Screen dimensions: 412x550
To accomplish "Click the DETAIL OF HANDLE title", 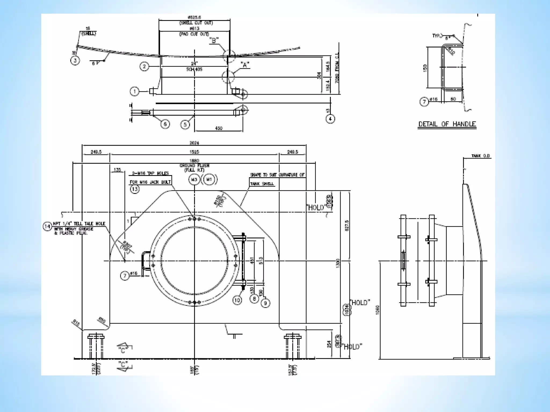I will [447, 124].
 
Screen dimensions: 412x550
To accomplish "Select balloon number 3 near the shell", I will [75, 60].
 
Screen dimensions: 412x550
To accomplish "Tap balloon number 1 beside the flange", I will [135, 92].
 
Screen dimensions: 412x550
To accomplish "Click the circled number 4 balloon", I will [330, 119].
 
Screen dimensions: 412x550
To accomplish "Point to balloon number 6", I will [165, 124].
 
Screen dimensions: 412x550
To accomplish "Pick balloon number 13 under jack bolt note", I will [135, 189].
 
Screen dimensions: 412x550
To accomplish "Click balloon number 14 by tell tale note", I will [47, 226].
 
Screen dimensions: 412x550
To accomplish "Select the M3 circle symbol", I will [194, 180].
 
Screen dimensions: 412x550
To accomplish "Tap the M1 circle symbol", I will [209, 180].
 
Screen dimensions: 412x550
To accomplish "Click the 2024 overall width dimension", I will [194, 143].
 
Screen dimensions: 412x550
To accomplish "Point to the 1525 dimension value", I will [194, 152].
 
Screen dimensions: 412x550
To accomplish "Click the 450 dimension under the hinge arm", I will [219, 128].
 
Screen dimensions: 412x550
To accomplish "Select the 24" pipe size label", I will [194, 64].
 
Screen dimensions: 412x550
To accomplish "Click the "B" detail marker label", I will [214, 41].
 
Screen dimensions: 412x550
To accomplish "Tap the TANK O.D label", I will [481, 156].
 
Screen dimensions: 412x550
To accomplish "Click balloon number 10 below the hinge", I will [237, 300].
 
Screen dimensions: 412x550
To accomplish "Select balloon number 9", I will [265, 303].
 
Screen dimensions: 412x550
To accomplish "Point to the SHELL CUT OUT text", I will [196, 23].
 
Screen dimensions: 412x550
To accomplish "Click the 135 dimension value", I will [117, 170].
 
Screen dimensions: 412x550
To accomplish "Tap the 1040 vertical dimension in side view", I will [378, 310].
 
